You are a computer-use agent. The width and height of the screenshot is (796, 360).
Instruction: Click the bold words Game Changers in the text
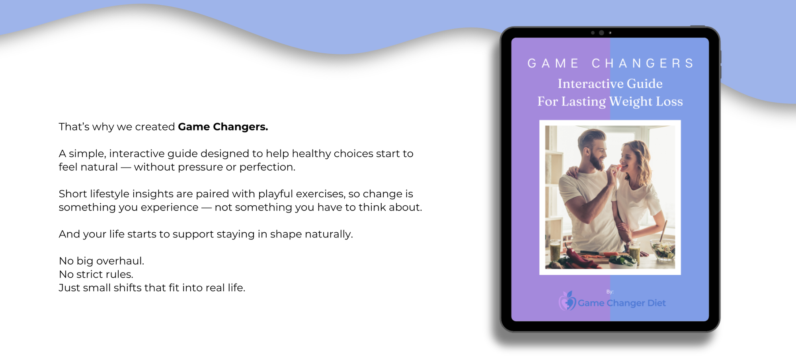[x=223, y=126]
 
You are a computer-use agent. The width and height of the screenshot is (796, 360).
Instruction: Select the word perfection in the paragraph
[x=267, y=167]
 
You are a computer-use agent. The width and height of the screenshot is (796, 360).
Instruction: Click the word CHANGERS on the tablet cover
[x=643, y=63]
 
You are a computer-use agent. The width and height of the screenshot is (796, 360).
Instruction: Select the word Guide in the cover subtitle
[x=645, y=84]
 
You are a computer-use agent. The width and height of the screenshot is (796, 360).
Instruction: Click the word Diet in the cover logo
[x=656, y=303]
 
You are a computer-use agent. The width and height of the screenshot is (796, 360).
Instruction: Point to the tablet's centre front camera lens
[x=601, y=33]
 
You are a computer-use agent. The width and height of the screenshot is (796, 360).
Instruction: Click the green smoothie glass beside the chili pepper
[x=555, y=251]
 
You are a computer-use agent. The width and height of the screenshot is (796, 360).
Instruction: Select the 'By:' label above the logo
[x=610, y=292]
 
